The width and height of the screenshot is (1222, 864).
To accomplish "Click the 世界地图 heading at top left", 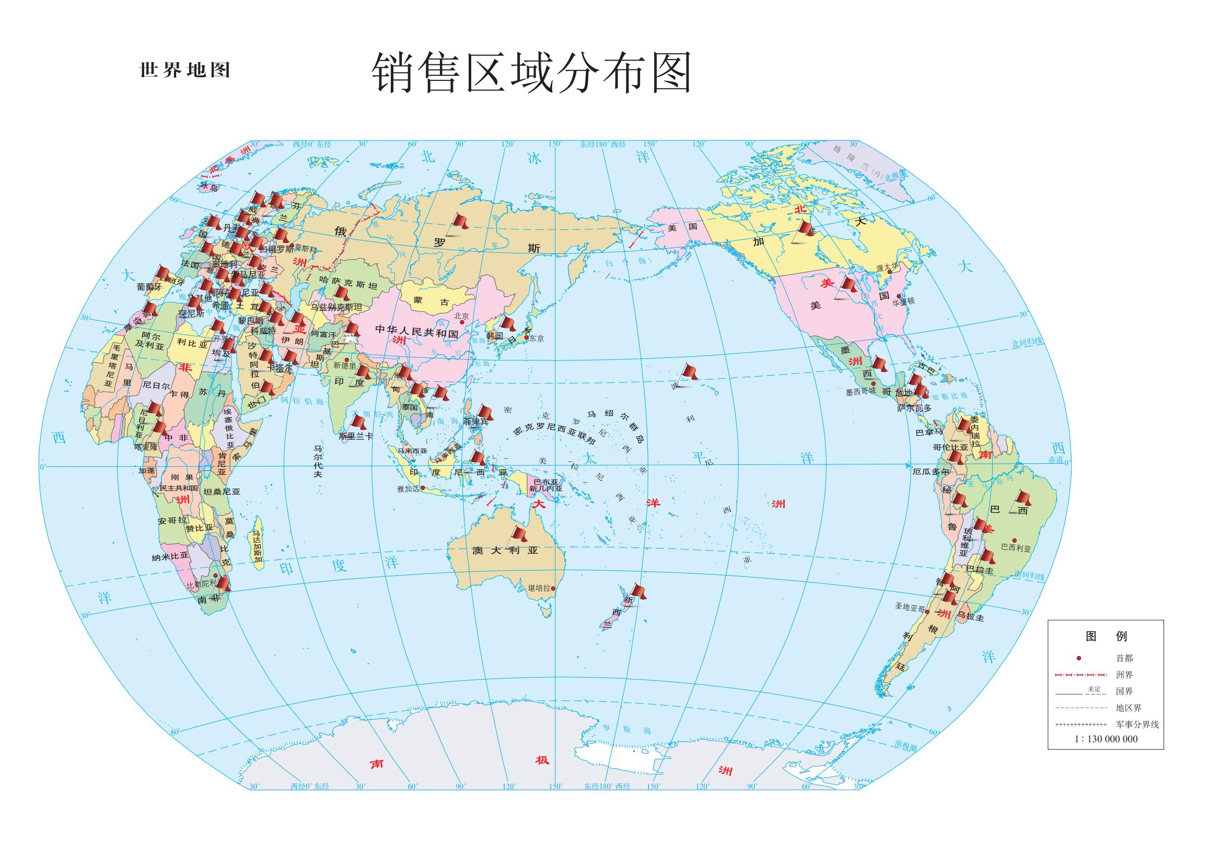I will point(184,70).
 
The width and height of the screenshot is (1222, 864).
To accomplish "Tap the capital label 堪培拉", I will point(539,588).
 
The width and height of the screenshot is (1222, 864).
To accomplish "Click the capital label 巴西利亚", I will point(1016,547).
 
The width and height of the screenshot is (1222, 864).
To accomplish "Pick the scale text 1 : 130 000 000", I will point(1105,739).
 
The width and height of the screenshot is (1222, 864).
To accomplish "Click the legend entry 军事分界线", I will point(1137,724).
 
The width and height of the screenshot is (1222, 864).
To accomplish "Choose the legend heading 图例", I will point(1105,636).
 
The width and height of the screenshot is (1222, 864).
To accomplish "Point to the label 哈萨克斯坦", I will point(348,285).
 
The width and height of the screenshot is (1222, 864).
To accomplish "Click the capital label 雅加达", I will point(408,488).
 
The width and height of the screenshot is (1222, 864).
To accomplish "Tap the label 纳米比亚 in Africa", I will point(170,556).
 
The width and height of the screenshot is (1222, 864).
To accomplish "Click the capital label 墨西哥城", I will point(860,391).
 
